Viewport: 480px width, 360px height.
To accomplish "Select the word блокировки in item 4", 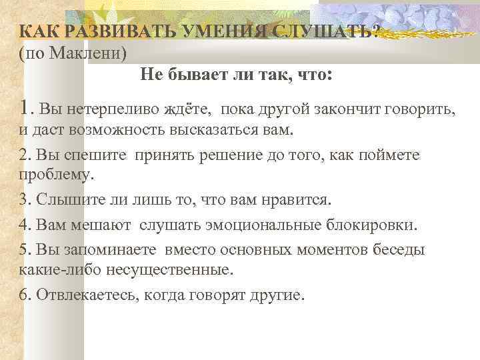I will pos(376,225).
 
